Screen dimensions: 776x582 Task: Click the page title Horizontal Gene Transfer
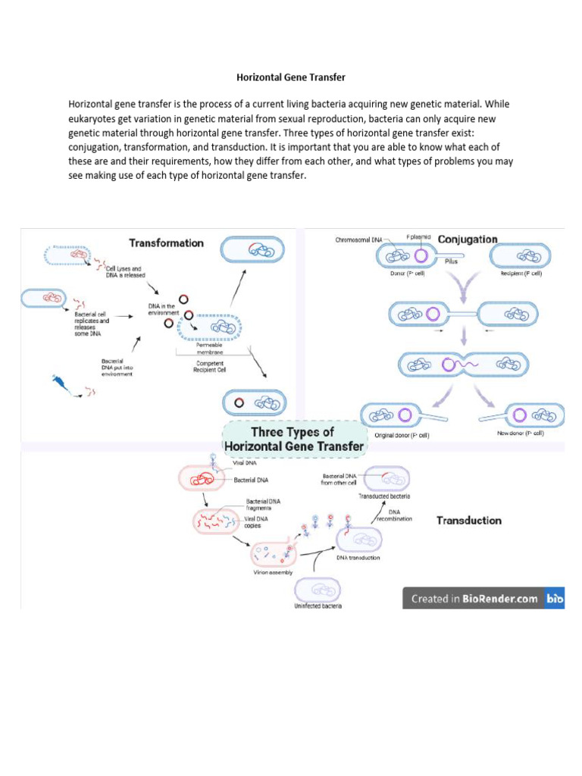[x=291, y=77]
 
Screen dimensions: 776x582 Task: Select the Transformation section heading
[x=166, y=243]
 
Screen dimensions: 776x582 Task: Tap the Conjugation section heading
[x=468, y=239]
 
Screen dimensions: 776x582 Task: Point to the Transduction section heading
[x=468, y=521]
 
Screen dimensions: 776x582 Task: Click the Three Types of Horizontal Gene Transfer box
[x=293, y=440]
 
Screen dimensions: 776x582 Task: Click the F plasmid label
[x=418, y=237]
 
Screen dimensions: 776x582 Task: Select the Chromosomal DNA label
[x=360, y=240]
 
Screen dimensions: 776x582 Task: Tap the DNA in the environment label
[x=161, y=308]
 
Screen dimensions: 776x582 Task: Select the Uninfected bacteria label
[x=318, y=606]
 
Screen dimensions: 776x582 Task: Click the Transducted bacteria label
[x=384, y=496]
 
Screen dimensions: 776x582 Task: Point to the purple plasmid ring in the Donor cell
[x=421, y=256]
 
